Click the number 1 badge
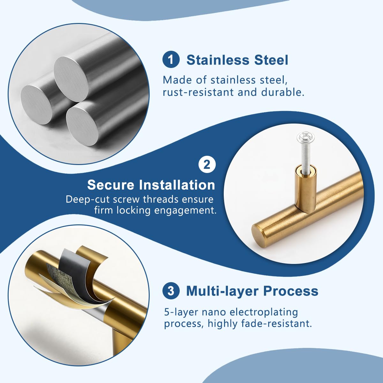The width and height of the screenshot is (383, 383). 171,60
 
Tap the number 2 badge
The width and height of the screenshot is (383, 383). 207,165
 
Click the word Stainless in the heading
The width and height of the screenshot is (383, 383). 218,60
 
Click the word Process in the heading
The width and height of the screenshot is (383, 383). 291,291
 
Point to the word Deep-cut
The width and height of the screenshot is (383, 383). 88,200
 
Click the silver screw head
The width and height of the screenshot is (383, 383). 305,137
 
